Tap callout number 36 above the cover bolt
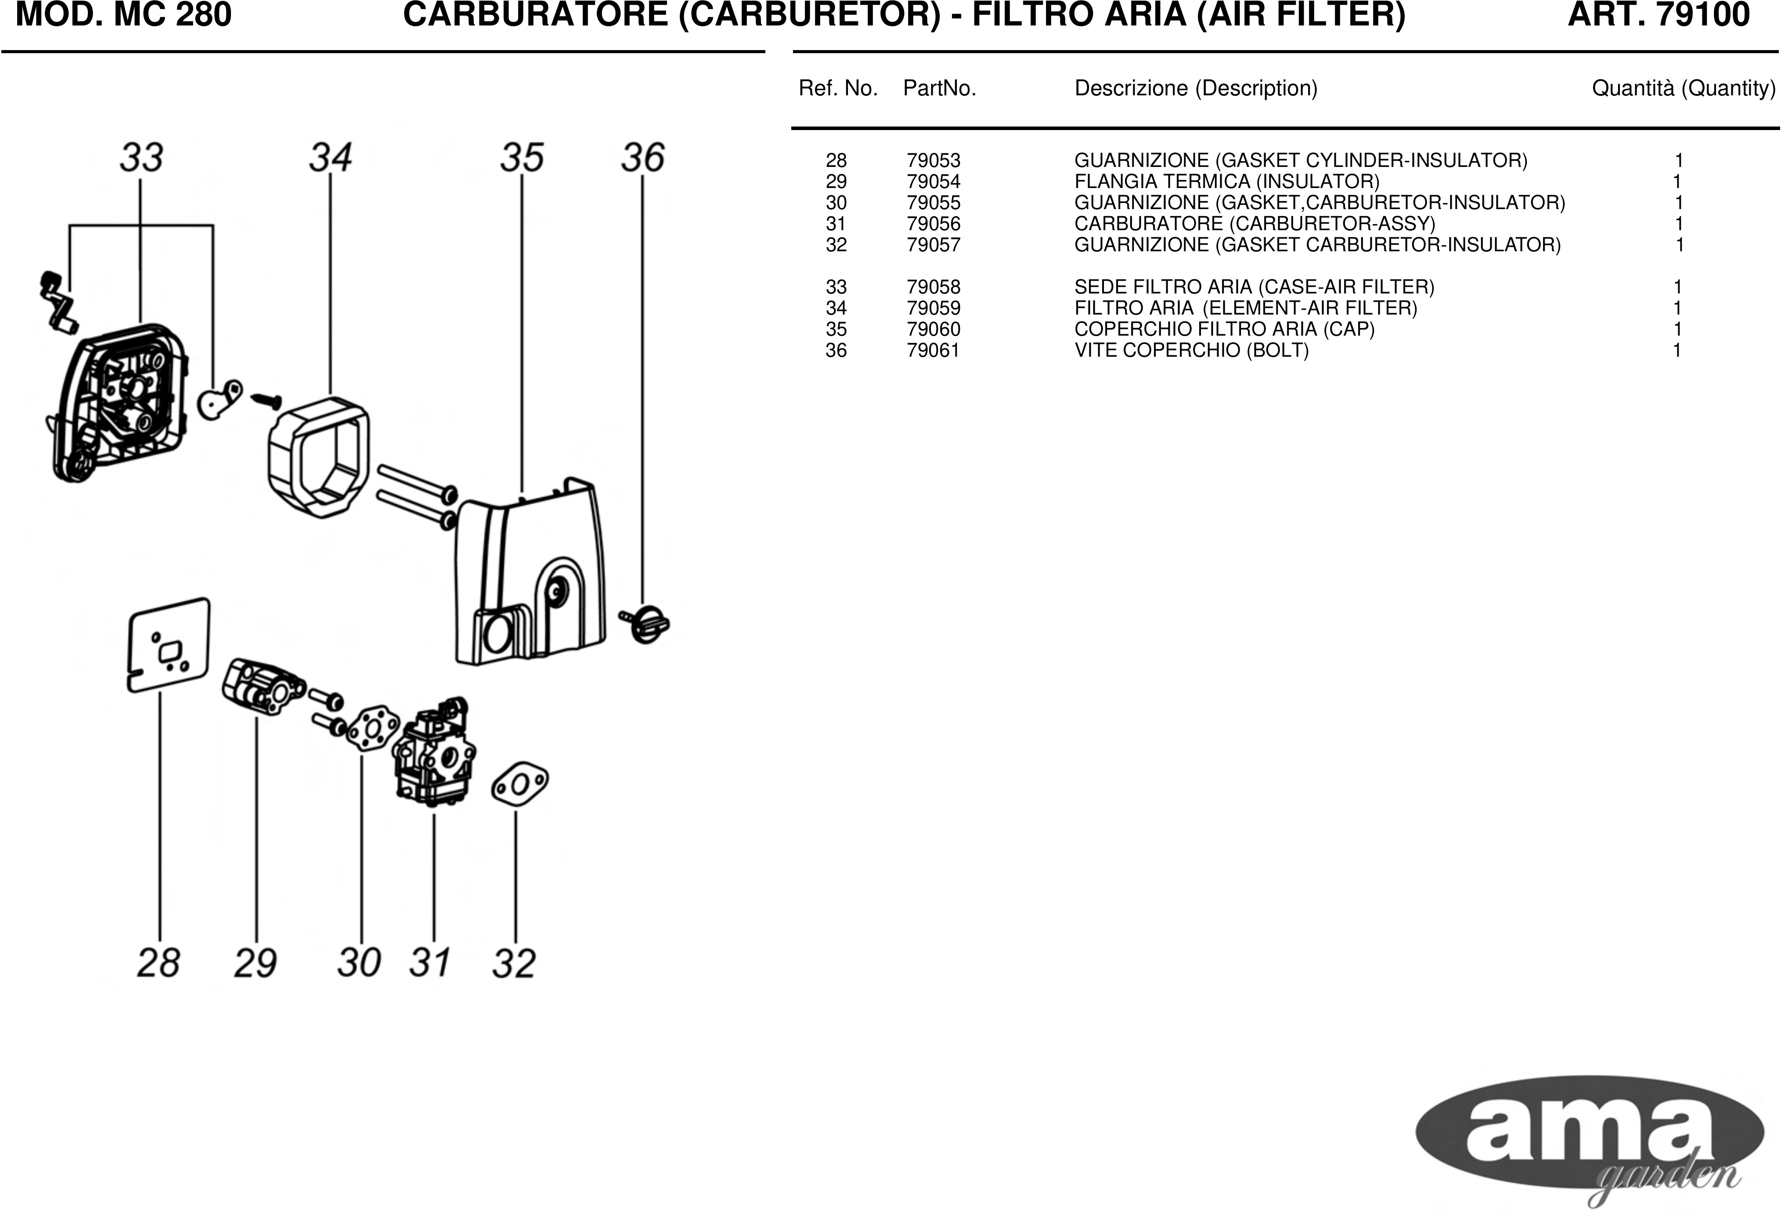pos(642,158)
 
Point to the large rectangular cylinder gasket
pos(169,646)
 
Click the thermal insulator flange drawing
pos(263,686)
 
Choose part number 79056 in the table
pos(934,224)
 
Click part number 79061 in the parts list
pos(934,351)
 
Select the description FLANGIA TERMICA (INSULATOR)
pos(1227,182)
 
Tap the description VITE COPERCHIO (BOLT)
pos(1192,351)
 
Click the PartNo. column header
pos(940,89)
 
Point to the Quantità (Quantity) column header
pos(1684,89)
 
